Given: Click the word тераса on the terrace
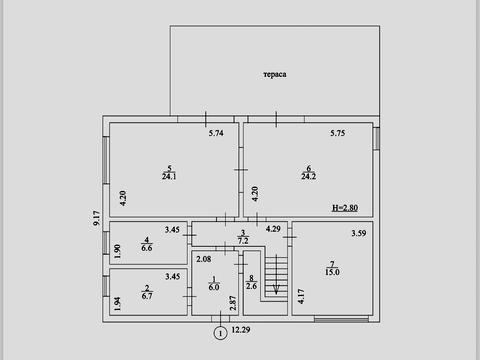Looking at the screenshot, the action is click(275, 74).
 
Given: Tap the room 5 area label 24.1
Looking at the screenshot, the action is click(169, 177).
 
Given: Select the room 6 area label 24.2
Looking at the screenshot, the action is click(309, 176).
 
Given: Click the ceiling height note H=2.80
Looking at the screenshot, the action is click(345, 208).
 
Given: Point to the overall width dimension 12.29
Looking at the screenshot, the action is click(241, 330).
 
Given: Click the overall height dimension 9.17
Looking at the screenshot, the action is click(96, 218).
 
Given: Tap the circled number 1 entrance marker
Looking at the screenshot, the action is click(220, 333).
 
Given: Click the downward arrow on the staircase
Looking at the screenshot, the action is click(276, 275).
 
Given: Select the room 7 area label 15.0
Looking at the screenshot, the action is click(332, 272).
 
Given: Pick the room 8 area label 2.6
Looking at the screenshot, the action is click(251, 286).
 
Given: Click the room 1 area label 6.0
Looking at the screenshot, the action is click(214, 287).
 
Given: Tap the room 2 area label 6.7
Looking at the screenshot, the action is click(147, 296).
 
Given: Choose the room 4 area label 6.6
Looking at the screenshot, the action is click(147, 248).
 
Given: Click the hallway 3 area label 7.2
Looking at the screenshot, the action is click(243, 240).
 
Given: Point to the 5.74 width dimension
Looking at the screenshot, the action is click(216, 133).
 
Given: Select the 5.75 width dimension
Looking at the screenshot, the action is click(338, 133).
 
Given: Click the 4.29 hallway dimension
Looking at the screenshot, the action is click(273, 229).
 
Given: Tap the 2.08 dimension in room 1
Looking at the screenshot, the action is click(203, 259).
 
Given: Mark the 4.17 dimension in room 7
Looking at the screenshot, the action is click(301, 296).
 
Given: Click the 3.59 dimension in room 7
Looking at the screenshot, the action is click(359, 233).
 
